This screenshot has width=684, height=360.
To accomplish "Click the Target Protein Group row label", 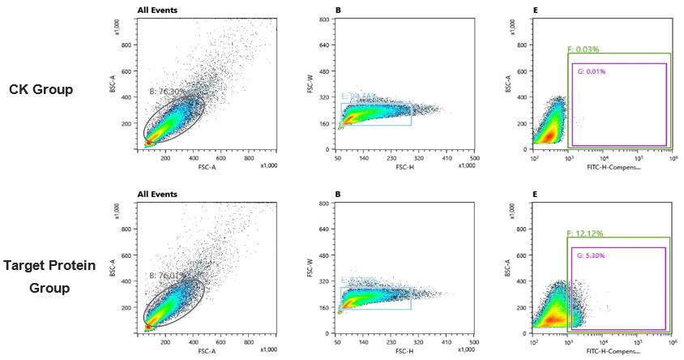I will tap(49, 276).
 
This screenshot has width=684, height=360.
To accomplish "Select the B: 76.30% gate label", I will tap(168, 92).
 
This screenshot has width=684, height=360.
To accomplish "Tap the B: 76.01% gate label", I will tap(167, 276).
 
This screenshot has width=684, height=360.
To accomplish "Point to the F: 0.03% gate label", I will tap(584, 49).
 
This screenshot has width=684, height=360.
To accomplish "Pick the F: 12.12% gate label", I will tap(585, 234).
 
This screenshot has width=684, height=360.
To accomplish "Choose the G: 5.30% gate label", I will tap(591, 255).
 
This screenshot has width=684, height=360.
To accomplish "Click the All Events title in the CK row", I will tap(157, 11).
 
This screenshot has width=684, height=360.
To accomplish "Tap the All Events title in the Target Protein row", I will tap(157, 195).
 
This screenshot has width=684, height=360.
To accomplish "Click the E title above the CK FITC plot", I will tap(537, 11).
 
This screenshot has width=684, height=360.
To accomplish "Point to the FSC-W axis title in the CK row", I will tap(310, 84).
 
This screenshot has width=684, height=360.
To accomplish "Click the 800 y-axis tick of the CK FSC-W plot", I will tap(324, 19).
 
